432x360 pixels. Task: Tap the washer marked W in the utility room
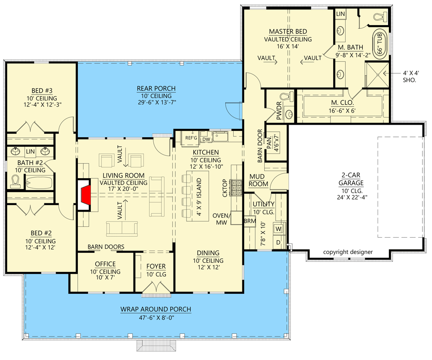coord(277,229)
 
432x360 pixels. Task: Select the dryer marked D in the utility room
coord(277,243)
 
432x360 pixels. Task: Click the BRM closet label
coord(249,221)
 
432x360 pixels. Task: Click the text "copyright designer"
coord(347,252)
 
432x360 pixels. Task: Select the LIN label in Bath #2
coord(30,152)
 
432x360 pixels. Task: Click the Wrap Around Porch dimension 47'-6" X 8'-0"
coord(156,317)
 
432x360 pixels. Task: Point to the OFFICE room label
coord(105,264)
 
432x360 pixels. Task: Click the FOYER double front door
coord(156,288)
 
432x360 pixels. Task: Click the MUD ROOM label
coord(259,180)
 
